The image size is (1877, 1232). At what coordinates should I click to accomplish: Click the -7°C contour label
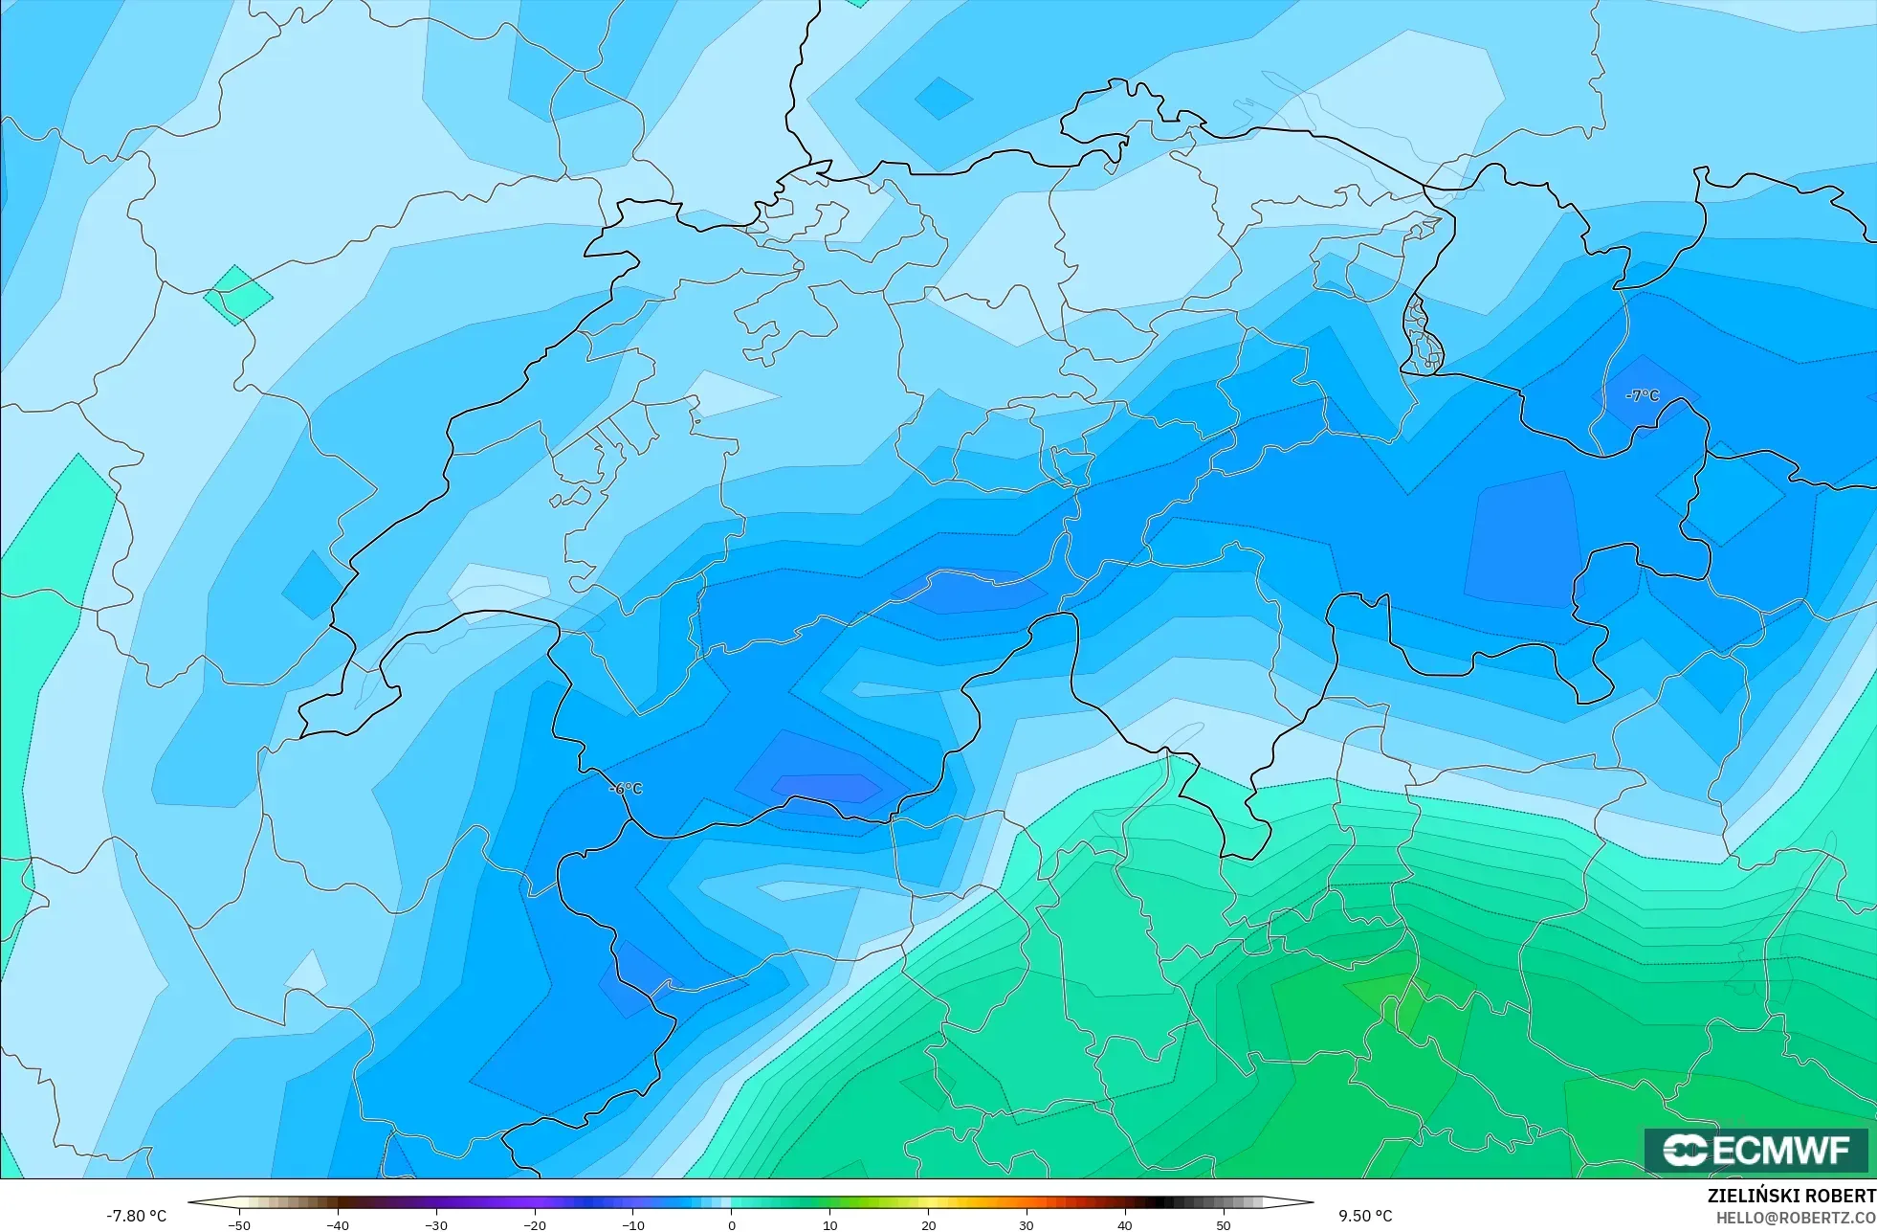(1643, 395)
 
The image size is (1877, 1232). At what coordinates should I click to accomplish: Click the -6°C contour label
(626, 789)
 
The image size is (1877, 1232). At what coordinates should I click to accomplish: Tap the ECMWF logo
(1756, 1150)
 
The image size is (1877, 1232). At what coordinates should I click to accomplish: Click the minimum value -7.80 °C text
(136, 1216)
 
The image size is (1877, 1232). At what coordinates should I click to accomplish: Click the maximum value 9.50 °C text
(1365, 1216)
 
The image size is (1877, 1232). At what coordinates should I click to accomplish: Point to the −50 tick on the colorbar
(239, 1224)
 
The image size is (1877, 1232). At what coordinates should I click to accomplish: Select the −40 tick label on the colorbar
(338, 1224)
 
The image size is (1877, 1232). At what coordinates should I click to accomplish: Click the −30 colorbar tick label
(436, 1224)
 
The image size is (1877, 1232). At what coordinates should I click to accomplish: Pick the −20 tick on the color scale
(535, 1224)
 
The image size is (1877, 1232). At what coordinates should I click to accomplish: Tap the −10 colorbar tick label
(633, 1224)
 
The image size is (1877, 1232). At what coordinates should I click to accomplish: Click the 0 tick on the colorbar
(732, 1224)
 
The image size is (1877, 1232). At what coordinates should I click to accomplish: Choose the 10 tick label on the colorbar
(830, 1224)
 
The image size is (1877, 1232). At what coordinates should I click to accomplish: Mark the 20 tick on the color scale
(928, 1224)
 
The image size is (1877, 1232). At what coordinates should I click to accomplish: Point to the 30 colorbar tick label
(1027, 1224)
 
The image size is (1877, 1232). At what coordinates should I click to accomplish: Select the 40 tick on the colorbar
(1125, 1224)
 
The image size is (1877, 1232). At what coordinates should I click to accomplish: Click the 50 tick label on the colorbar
(1224, 1224)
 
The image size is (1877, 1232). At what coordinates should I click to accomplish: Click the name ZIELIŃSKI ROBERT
(1791, 1197)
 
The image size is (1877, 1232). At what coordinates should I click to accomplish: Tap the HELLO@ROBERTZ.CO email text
(1795, 1218)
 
